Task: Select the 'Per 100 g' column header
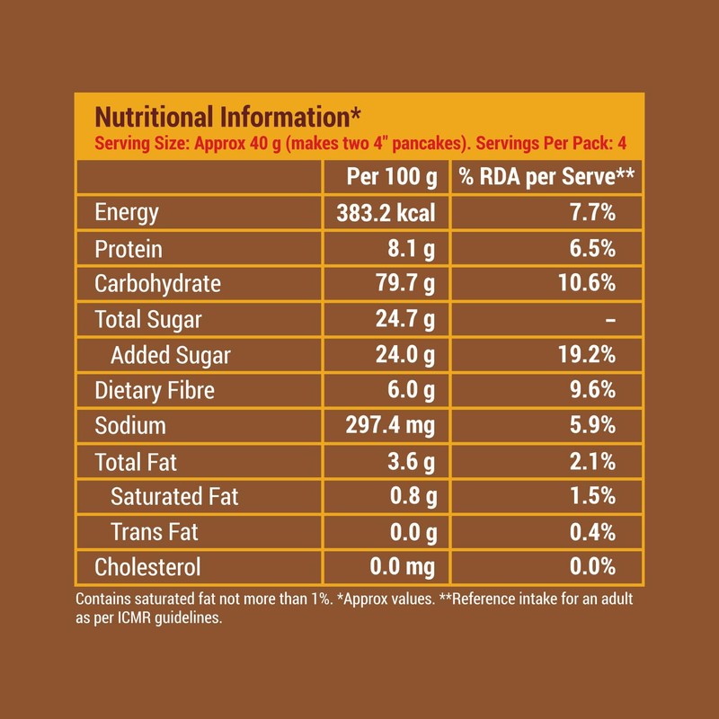pyautogui.click(x=386, y=177)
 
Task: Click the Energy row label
pyautogui.click(x=127, y=213)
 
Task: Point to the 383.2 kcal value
pyautogui.click(x=386, y=213)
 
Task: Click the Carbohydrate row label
pyautogui.click(x=157, y=284)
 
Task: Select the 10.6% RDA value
pyautogui.click(x=585, y=284)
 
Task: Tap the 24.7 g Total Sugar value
pyautogui.click(x=405, y=319)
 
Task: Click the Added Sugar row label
pyautogui.click(x=171, y=355)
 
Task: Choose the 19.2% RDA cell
pyautogui.click(x=585, y=355)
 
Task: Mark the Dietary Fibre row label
pyautogui.click(x=155, y=390)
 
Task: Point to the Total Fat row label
pyautogui.click(x=136, y=461)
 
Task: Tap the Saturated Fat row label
pyautogui.click(x=174, y=496)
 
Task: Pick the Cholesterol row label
pyautogui.click(x=147, y=567)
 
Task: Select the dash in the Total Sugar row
pyautogui.click(x=610, y=320)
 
